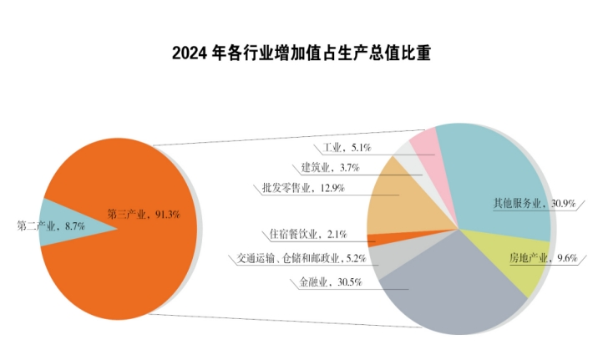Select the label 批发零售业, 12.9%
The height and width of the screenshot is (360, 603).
[297, 189]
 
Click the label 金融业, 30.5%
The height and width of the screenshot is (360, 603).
[330, 282]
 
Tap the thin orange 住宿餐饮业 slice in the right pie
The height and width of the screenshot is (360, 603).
[393, 238]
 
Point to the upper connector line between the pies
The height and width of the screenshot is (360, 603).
[276, 136]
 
